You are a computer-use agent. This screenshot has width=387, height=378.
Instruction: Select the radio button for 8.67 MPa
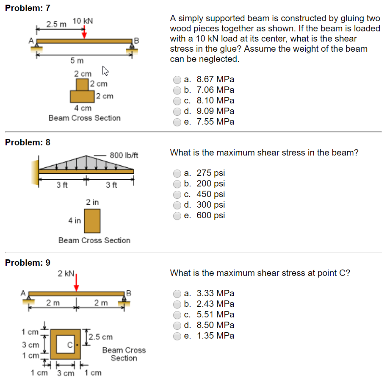click(x=177, y=80)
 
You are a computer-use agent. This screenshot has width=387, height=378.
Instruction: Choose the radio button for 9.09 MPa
click(x=177, y=111)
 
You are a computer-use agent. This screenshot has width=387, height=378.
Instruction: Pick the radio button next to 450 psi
click(x=177, y=195)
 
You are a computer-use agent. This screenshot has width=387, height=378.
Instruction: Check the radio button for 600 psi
click(x=177, y=216)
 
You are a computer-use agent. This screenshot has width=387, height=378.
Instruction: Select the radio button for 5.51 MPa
click(x=177, y=315)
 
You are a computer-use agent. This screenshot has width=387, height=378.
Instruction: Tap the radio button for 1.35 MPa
click(x=177, y=336)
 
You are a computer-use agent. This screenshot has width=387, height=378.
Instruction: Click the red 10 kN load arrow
click(x=84, y=32)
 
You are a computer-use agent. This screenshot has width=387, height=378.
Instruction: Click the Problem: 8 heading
click(x=28, y=142)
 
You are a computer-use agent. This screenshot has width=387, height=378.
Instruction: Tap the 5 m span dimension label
click(x=77, y=61)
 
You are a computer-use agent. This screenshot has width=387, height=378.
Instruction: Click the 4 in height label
click(x=75, y=220)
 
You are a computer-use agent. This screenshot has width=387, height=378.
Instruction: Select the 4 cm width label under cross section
click(x=83, y=108)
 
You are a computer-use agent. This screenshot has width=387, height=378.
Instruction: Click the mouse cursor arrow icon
click(x=105, y=70)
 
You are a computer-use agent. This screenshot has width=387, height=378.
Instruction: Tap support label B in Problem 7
click(x=136, y=41)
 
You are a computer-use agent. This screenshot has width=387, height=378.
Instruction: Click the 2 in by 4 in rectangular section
click(x=92, y=221)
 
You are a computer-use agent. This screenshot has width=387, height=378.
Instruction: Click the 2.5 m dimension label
click(x=56, y=25)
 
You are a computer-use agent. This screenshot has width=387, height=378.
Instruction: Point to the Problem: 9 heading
click(x=28, y=263)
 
